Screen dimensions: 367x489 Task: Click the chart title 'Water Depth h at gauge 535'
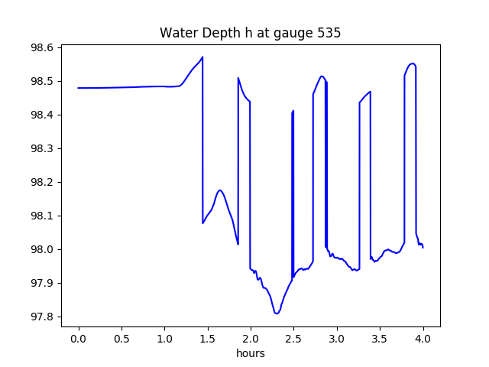coord(250,34)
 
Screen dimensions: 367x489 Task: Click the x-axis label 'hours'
coord(250,354)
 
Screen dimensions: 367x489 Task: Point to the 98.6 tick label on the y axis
coord(41,47)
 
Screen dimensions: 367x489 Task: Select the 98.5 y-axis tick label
coord(41,81)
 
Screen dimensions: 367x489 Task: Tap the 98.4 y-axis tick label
coord(41,115)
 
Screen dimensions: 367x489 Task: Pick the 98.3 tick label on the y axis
coord(41,148)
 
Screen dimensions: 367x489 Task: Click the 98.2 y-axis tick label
coord(41,182)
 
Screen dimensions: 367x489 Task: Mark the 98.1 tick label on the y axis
coord(41,216)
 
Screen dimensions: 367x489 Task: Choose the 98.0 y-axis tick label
coord(41,249)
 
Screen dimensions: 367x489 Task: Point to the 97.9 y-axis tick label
coord(41,283)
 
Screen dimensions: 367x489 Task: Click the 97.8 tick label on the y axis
coord(41,317)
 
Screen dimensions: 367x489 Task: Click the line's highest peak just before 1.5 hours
coord(202,57)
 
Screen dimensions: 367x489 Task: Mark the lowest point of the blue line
coord(277,313)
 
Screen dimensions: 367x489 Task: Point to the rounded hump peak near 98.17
coord(220,190)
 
